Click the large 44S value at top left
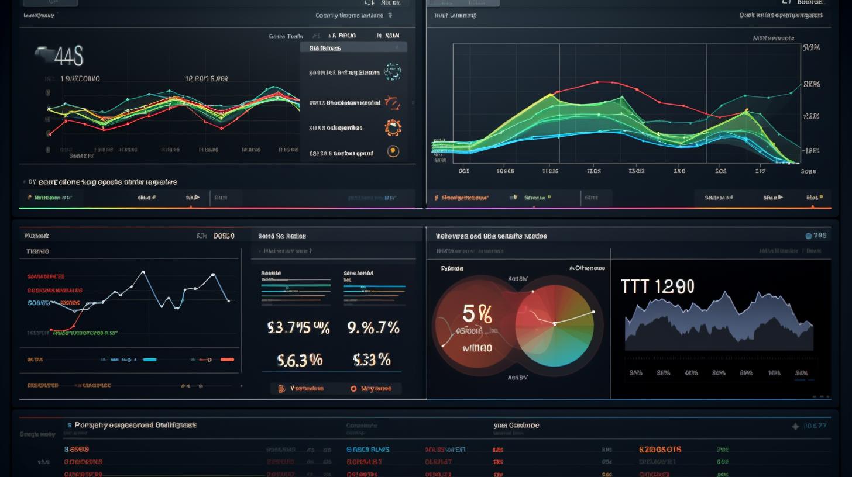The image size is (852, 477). click(x=61, y=57)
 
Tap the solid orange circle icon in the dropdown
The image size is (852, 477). click(x=393, y=152)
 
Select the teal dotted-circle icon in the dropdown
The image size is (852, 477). click(x=393, y=72)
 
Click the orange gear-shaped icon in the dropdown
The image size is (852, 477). click(x=392, y=127)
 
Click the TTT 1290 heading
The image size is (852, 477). click(x=657, y=286)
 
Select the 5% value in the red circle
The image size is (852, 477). click(x=477, y=314)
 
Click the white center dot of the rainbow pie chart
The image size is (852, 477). click(x=554, y=323)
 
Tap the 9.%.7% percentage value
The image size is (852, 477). click(x=373, y=328)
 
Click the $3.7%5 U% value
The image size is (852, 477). click(x=298, y=328)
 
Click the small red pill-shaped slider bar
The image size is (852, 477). click(x=227, y=359)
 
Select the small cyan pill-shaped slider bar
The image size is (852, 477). click(x=150, y=359)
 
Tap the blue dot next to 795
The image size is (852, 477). click(x=809, y=236)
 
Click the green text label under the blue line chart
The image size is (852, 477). click(x=85, y=333)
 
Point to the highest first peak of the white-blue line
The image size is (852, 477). click(x=142, y=272)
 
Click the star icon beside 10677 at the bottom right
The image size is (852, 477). click(x=795, y=427)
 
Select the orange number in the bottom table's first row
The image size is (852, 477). click(x=659, y=450)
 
